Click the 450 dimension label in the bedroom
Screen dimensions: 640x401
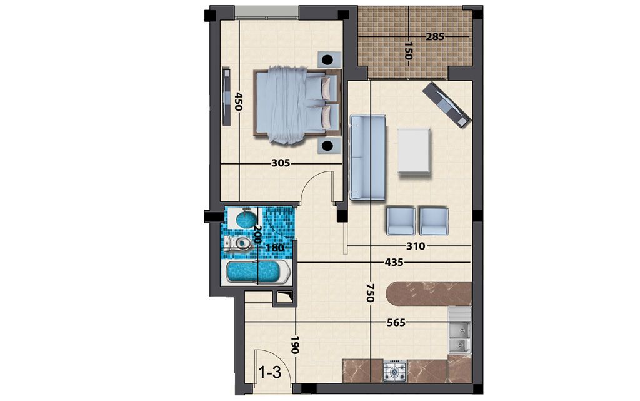pyautogui.click(x=238, y=102)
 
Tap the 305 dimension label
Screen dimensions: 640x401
pyautogui.click(x=281, y=163)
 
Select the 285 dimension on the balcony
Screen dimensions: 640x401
pyautogui.click(x=435, y=37)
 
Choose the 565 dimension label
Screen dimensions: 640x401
pyautogui.click(x=396, y=323)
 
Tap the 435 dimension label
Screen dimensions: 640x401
pyautogui.click(x=394, y=263)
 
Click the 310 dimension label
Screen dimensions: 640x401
pyautogui.click(x=416, y=246)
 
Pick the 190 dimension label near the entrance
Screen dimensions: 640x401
pyautogui.click(x=295, y=345)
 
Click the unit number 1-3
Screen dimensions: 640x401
pyautogui.click(x=270, y=372)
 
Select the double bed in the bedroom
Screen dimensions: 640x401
pyautogui.click(x=297, y=104)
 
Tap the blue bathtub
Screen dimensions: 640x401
pyautogui.click(x=257, y=272)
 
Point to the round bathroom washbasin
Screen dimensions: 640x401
pyautogui.click(x=246, y=219)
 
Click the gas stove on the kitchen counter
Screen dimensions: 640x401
pyautogui.click(x=395, y=371)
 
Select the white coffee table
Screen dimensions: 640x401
pyautogui.click(x=414, y=151)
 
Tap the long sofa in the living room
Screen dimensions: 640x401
pyautogui.click(x=367, y=158)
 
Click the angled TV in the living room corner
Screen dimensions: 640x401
pyautogui.click(x=446, y=105)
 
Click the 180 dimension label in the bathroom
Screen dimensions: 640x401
pyautogui.click(x=275, y=248)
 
